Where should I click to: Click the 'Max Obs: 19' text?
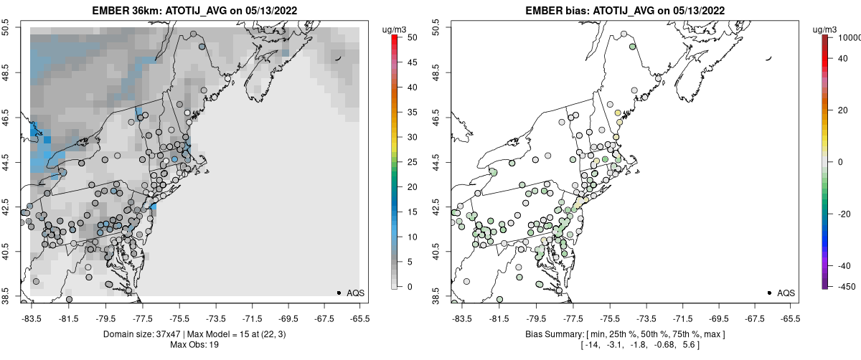(194, 345)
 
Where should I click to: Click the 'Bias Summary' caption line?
(625, 334)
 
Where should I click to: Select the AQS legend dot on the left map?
(339, 293)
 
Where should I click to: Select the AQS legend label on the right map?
(786, 293)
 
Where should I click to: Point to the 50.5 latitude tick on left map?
(6, 28)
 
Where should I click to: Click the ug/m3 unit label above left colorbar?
(394, 29)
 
